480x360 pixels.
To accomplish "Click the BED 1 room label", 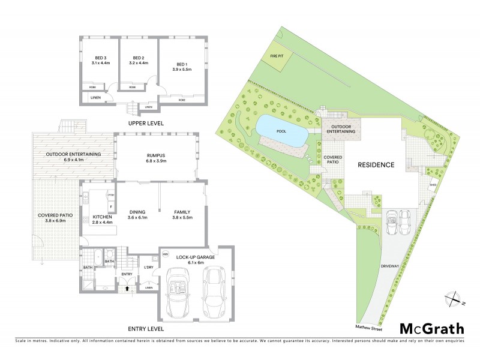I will [181, 64].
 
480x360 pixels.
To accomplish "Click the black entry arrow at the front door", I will [127, 289].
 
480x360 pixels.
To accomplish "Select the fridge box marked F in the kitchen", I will [111, 206].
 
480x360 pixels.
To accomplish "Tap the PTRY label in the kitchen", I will [111, 196].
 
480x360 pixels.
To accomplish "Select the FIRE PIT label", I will [278, 55].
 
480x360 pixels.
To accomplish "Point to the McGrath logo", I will [431, 328].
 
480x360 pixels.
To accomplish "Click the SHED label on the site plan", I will [433, 185].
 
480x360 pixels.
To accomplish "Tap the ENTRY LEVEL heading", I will [146, 329].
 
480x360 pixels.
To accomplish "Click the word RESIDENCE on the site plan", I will [376, 164].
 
